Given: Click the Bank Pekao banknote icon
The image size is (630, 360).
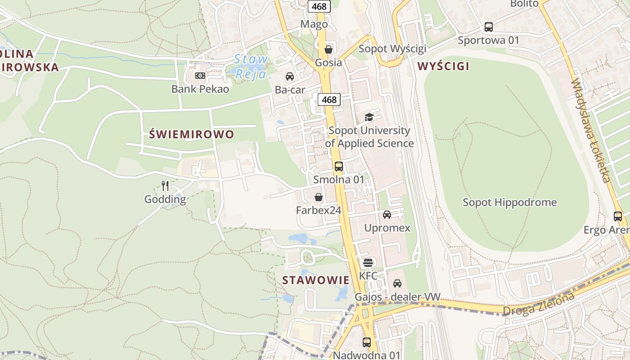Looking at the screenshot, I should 200,76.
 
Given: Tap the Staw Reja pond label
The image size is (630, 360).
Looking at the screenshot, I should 251,67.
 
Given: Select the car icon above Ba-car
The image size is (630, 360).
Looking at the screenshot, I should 290,76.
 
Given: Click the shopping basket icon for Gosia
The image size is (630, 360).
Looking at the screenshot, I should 328,49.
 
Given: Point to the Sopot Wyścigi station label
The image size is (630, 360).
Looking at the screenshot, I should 392,49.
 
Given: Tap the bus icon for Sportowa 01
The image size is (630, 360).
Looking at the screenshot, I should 488,27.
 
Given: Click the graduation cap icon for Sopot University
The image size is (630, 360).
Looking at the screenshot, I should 369,117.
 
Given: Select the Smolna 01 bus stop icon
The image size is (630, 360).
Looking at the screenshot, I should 339,166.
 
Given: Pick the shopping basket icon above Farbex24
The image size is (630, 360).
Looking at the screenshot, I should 318,197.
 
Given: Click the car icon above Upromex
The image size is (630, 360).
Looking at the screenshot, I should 387,215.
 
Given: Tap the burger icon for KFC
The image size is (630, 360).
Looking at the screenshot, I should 368,262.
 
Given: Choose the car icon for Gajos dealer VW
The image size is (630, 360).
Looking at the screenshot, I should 397,283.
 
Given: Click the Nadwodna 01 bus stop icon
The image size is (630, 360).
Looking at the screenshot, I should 366,342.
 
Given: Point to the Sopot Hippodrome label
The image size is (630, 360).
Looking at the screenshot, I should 510,202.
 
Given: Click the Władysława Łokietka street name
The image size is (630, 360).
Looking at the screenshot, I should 591,131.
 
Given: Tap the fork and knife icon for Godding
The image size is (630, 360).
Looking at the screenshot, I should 165,185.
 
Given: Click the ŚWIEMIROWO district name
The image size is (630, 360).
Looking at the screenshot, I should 191,134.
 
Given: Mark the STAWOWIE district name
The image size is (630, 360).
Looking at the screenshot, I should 315,280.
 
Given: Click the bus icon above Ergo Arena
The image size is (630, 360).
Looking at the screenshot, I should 618,216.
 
